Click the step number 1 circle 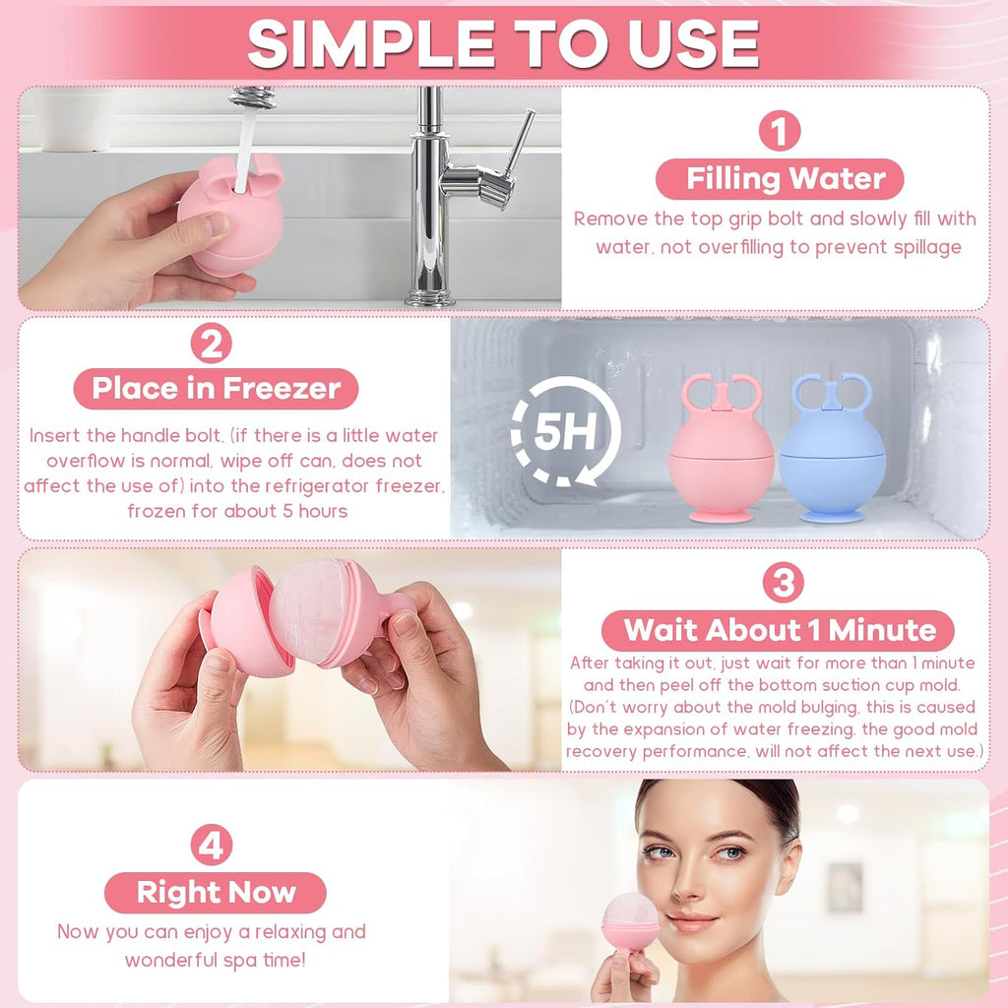pyautogui.click(x=780, y=131)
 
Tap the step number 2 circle pyautogui.click(x=212, y=344)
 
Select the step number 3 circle pyautogui.click(x=783, y=583)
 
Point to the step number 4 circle pyautogui.click(x=212, y=845)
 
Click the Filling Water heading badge pyautogui.click(x=780, y=179)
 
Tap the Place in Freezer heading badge pyautogui.click(x=216, y=388)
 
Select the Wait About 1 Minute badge pyautogui.click(x=778, y=630)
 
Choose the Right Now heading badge pyautogui.click(x=216, y=892)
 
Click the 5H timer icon pyautogui.click(x=565, y=430)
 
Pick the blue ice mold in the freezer pyautogui.click(x=832, y=447)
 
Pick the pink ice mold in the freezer pyautogui.click(x=722, y=447)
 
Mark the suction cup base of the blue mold pyautogui.click(x=832, y=516)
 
